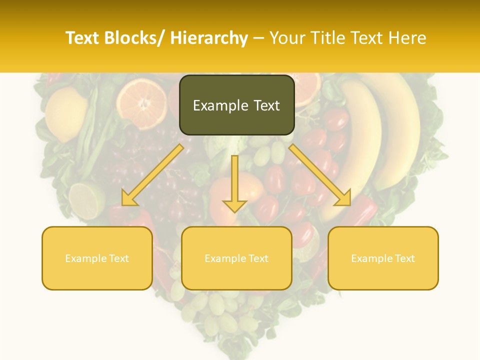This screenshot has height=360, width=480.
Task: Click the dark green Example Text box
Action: (236, 105)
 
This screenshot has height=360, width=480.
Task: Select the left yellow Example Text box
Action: (97, 258)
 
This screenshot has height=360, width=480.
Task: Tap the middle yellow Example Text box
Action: (236, 258)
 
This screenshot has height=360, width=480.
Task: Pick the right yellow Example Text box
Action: (383, 258)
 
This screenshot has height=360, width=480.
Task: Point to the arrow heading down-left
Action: (153, 175)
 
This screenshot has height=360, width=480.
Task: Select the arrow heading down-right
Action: (320, 175)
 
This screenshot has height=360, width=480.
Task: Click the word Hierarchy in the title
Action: (209, 38)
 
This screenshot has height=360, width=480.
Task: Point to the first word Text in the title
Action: (83, 38)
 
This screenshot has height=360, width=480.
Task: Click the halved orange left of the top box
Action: (143, 102)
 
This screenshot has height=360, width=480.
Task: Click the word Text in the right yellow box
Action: (404, 258)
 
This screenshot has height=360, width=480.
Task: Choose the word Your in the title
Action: (286, 38)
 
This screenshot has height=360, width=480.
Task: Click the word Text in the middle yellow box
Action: (258, 258)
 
